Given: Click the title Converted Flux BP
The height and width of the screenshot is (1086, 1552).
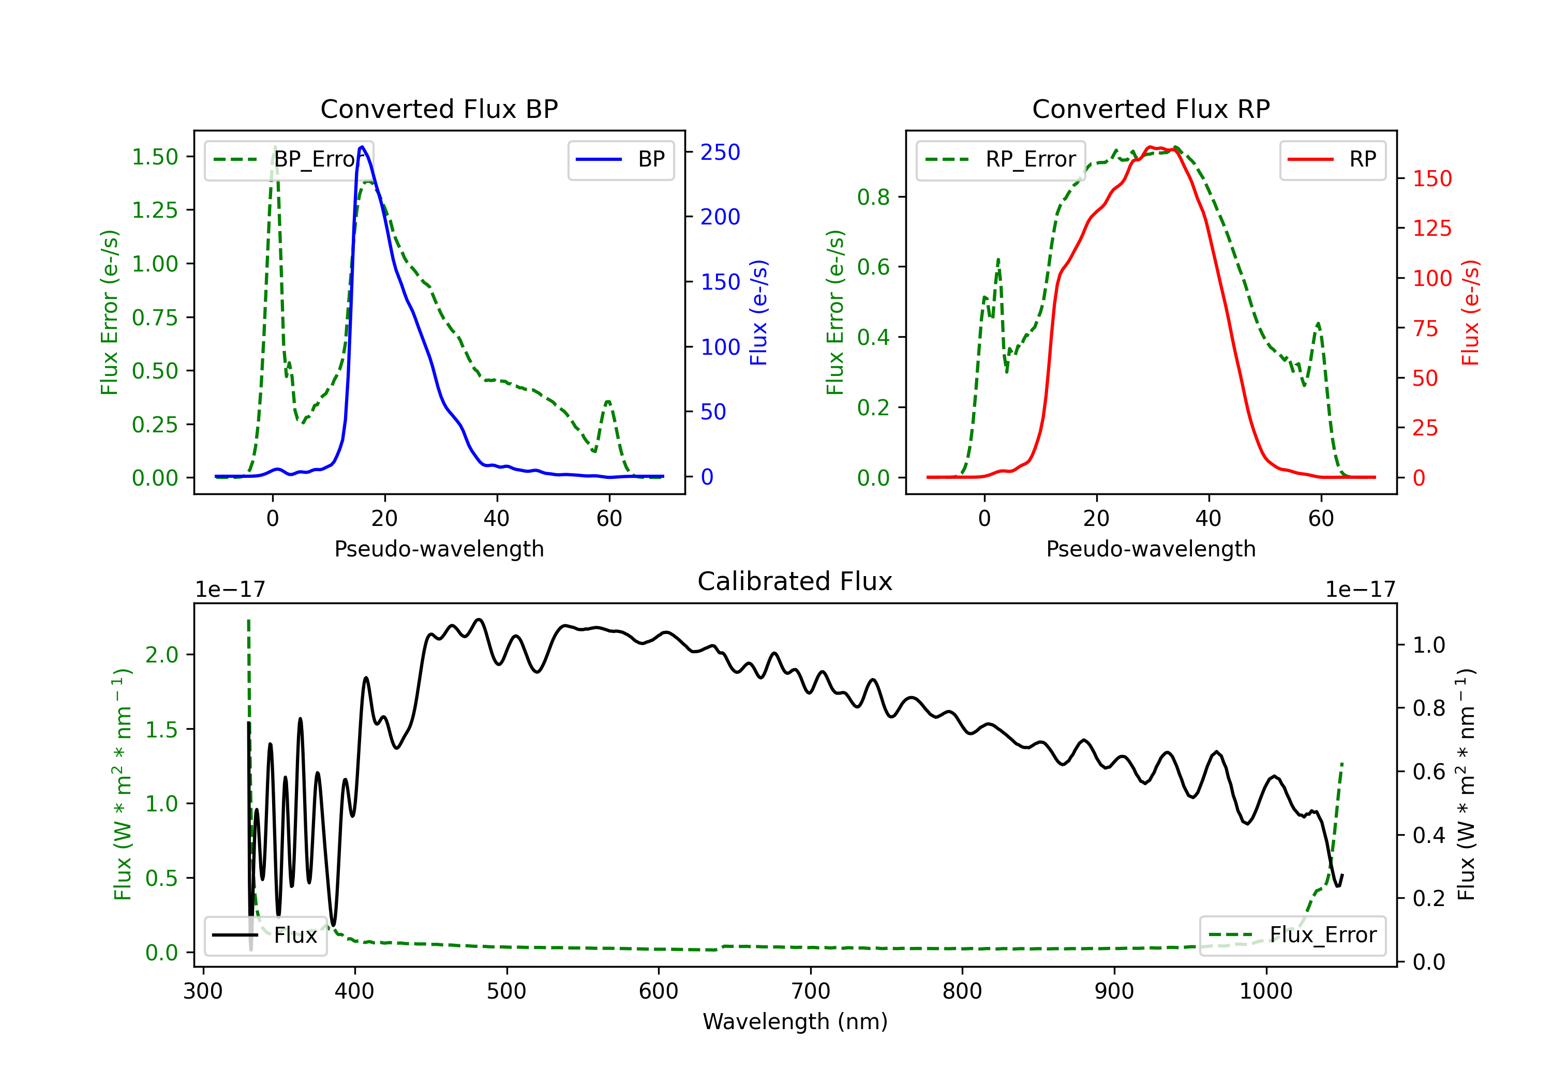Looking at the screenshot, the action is pos(439,109).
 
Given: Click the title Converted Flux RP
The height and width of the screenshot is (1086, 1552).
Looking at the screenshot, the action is pos(1151,109).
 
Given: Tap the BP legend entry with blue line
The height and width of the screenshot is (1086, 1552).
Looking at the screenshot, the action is pos(620,159).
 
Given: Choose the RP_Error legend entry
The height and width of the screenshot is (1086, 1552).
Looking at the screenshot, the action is pos(1001,159).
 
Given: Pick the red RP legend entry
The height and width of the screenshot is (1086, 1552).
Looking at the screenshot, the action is pos(1332,159).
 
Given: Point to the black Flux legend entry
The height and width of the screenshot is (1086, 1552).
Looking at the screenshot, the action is pos(265,936).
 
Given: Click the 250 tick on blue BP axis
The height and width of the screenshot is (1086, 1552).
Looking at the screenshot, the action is pos(720,152).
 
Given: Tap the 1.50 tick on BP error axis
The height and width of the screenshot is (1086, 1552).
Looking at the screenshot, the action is pos(155,157).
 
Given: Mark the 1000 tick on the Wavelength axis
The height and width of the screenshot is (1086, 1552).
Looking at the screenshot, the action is pos(1266,991).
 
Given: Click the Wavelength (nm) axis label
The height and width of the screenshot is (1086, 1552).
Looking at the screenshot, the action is pos(795,1021).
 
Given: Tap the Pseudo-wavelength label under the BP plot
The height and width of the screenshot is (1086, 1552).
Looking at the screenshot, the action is pos(439,549).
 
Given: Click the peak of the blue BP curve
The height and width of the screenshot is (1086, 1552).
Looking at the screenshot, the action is pos(362,147).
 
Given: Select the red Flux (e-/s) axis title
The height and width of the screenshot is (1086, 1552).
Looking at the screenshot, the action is pos(1470,313).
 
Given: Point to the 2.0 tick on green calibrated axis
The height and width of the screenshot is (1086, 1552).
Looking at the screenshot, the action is pos(161,654).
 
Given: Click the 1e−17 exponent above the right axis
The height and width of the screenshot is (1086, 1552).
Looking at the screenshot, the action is pos(1360,590).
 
